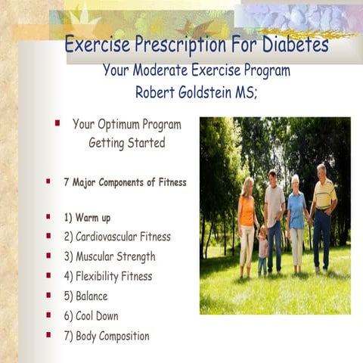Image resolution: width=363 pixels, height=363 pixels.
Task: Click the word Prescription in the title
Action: [x=175, y=46]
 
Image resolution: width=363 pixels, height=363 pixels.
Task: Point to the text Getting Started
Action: [x=126, y=142]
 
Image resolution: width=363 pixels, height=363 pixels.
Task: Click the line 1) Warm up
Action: [x=87, y=218]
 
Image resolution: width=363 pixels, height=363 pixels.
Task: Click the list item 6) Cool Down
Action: [x=91, y=316]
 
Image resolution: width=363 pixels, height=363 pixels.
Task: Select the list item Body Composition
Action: [x=107, y=336]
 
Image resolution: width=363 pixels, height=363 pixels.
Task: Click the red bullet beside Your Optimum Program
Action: [x=57, y=123]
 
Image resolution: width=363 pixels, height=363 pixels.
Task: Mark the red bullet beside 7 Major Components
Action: [x=48, y=181]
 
